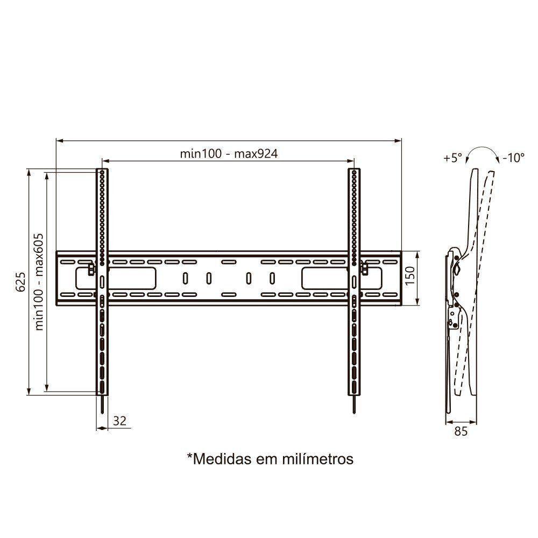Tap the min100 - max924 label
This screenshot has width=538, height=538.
pos(229,154)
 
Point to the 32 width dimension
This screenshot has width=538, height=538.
pos(120,421)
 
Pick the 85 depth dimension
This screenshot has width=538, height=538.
pos(461,431)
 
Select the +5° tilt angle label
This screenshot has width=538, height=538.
pos(453,158)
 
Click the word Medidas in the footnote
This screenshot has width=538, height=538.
pos(218,459)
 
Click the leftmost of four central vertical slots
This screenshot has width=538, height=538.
pos(185,279)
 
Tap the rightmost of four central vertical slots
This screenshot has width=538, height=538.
pos(272,279)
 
